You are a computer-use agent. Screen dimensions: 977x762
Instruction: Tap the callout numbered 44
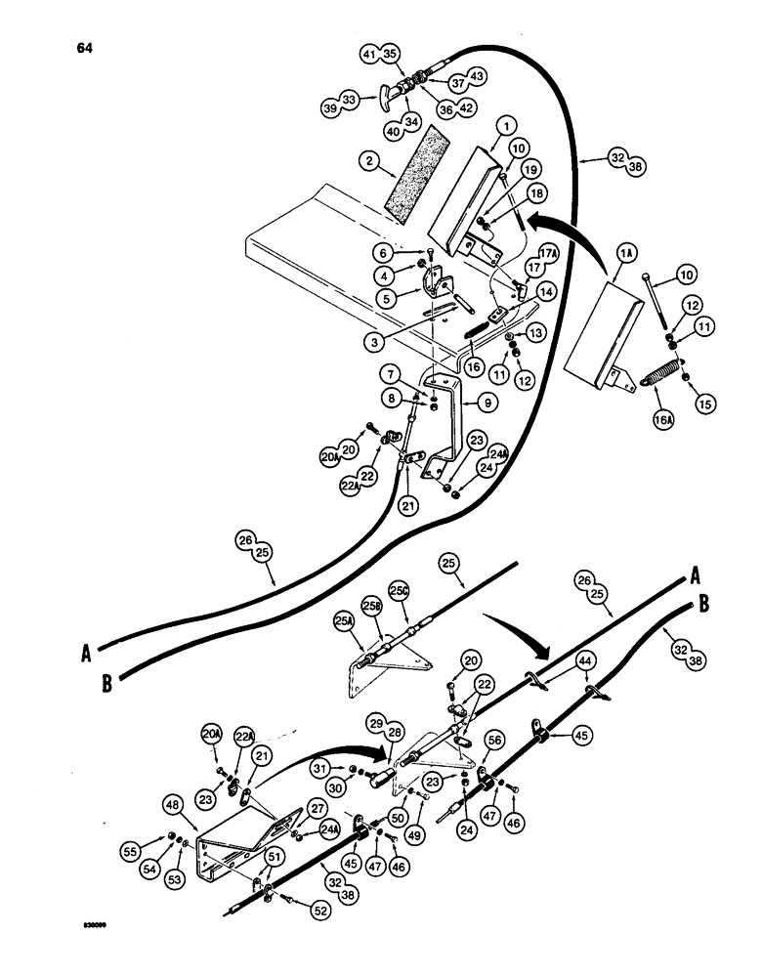tap(585, 661)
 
